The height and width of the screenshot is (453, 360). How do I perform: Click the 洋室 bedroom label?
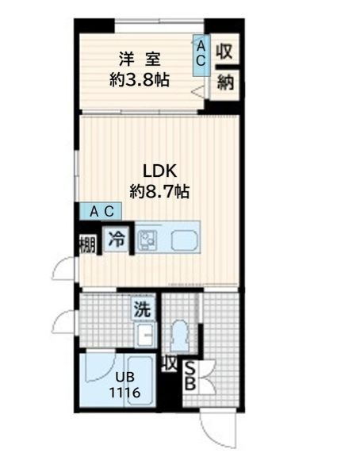140,59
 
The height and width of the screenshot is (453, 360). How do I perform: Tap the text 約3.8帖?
139,79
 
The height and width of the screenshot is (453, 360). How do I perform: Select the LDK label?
159,171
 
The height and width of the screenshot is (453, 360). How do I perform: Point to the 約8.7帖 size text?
159,191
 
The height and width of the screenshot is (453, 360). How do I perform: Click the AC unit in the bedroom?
201,55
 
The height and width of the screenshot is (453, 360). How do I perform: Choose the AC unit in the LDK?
101,211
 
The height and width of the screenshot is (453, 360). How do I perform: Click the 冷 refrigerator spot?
117,239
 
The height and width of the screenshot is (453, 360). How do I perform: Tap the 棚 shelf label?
87,244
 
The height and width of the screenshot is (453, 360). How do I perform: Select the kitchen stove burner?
147,240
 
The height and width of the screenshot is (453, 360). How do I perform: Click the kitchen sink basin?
185,240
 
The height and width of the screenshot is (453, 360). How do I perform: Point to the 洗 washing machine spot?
143,309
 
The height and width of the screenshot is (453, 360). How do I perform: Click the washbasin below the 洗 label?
146,335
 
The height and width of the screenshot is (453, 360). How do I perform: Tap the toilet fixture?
180,336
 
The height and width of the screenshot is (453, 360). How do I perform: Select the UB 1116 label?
124,385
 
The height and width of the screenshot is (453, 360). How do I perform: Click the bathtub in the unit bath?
140,382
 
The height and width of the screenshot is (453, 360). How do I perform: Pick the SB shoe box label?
190,376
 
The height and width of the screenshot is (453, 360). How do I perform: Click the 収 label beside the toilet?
169,364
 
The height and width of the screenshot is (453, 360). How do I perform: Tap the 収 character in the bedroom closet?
224,52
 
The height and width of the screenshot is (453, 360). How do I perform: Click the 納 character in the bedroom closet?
225,82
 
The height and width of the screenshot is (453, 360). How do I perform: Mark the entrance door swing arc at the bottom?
213,437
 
